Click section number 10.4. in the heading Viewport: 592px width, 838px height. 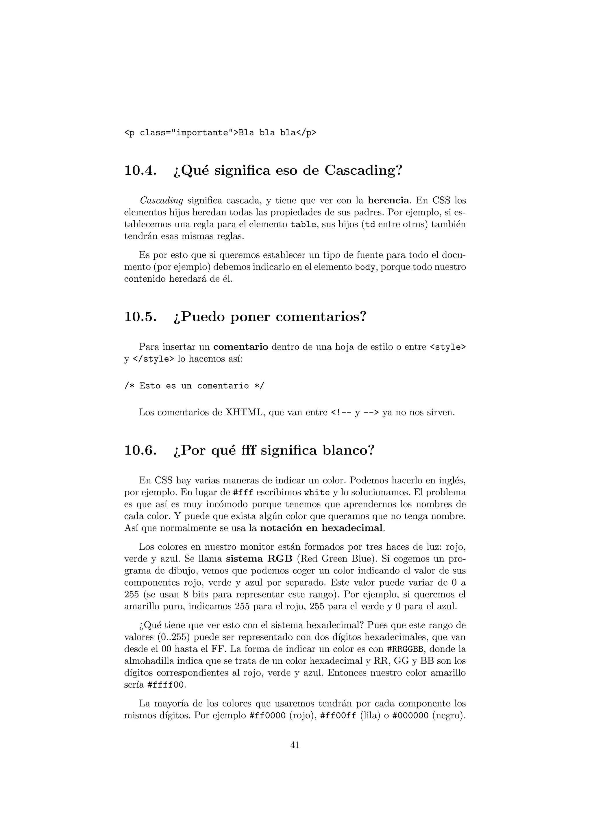pyautogui.click(x=140, y=170)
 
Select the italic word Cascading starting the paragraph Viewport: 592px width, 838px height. pyautogui.click(x=161, y=200)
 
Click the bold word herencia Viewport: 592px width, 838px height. pyautogui.click(x=388, y=200)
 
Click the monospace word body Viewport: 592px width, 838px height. pyautogui.click(x=365, y=267)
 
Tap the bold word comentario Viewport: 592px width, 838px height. pyautogui.click(x=241, y=347)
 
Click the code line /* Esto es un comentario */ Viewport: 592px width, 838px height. pyautogui.click(x=194, y=386)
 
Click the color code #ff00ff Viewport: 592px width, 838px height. pyautogui.click(x=338, y=715)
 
